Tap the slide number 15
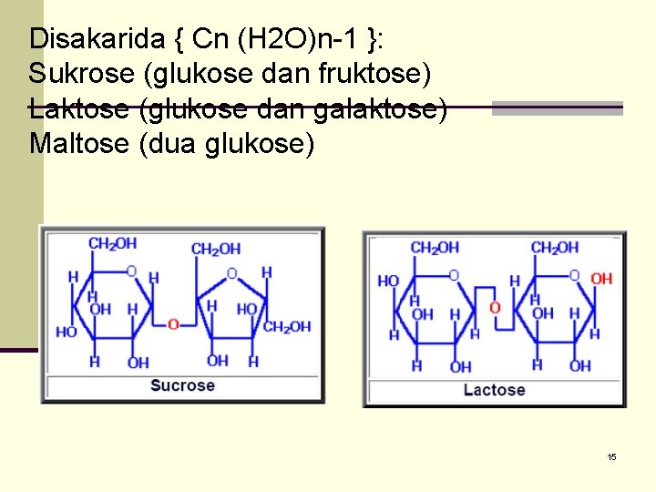pyautogui.click(x=612, y=456)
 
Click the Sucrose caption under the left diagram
pyautogui.click(x=182, y=385)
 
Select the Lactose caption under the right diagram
pyautogui.click(x=494, y=390)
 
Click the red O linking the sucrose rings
pyautogui.click(x=173, y=323)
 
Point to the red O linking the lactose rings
pyautogui.click(x=495, y=307)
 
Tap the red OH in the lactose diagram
pyautogui.click(x=601, y=279)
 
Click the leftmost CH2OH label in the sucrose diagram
pyautogui.click(x=112, y=243)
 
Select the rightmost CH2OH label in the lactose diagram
pyautogui.click(x=554, y=247)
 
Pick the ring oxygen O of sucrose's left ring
pyautogui.click(x=132, y=271)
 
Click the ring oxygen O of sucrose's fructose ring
pyautogui.click(x=231, y=272)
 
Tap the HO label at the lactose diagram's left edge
pyautogui.click(x=388, y=281)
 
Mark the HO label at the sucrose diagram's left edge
pyautogui.click(x=66, y=332)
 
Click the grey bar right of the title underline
pyautogui.click(x=557, y=108)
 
